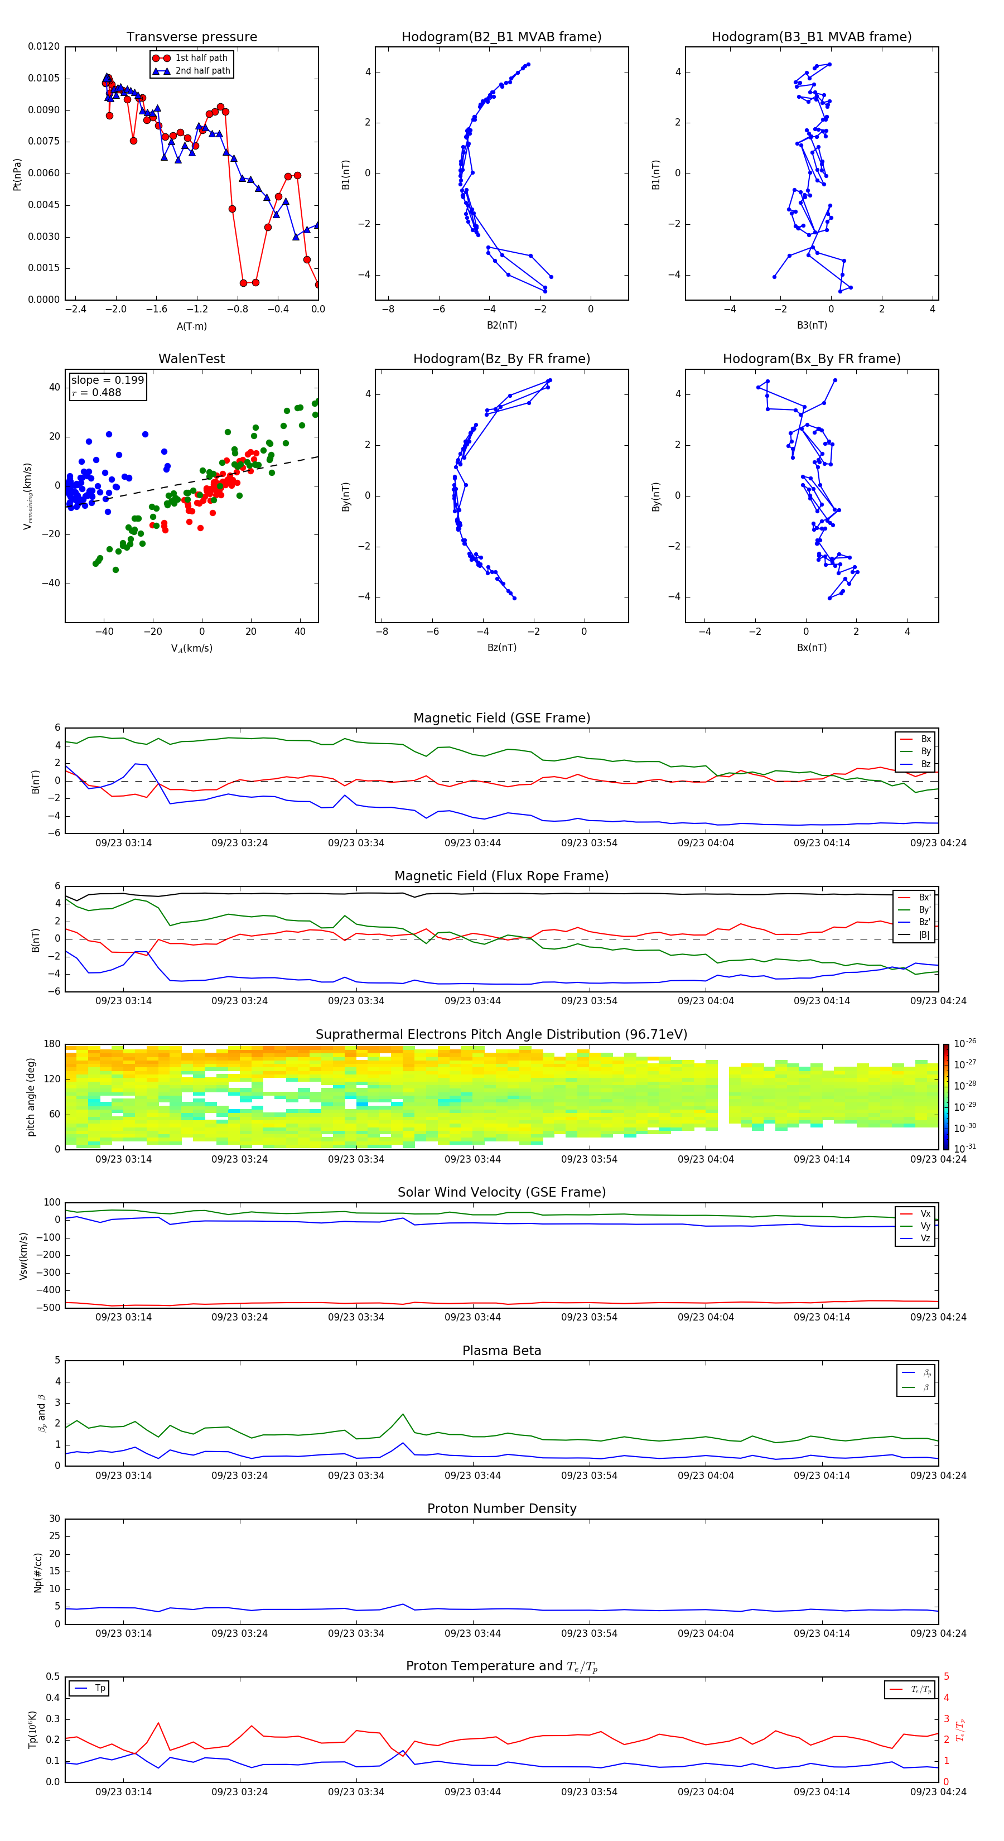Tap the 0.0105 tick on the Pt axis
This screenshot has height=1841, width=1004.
pos(44,78)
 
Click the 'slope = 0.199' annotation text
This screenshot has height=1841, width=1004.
pos(107,380)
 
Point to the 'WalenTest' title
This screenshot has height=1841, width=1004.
pos(191,359)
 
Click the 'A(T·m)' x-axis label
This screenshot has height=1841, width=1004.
pos(191,326)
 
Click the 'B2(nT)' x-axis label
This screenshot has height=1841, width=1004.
pos(501,325)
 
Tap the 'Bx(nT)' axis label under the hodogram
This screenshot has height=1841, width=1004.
pos(811,648)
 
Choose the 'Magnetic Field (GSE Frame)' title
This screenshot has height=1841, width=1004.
pos(501,718)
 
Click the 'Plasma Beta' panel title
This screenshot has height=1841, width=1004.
pos(501,1351)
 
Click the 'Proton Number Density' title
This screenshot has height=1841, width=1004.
pos(501,1509)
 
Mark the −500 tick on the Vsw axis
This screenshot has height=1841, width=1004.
pos(50,1308)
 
